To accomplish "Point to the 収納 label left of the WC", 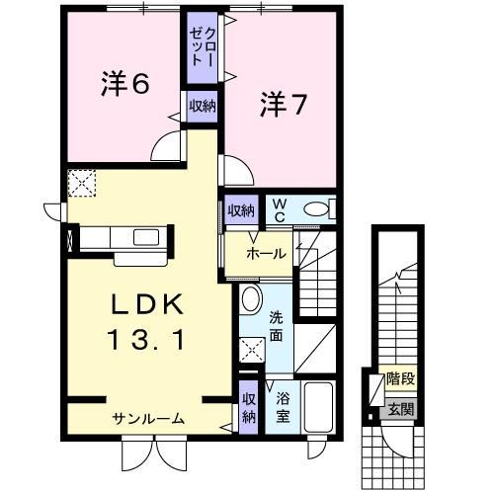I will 241,209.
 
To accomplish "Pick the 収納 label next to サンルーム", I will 248,408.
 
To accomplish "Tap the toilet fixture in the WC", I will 317,209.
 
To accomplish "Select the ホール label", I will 266,254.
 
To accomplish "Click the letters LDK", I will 140,302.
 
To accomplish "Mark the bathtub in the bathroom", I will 317,407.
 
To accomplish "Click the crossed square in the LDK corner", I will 81,182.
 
